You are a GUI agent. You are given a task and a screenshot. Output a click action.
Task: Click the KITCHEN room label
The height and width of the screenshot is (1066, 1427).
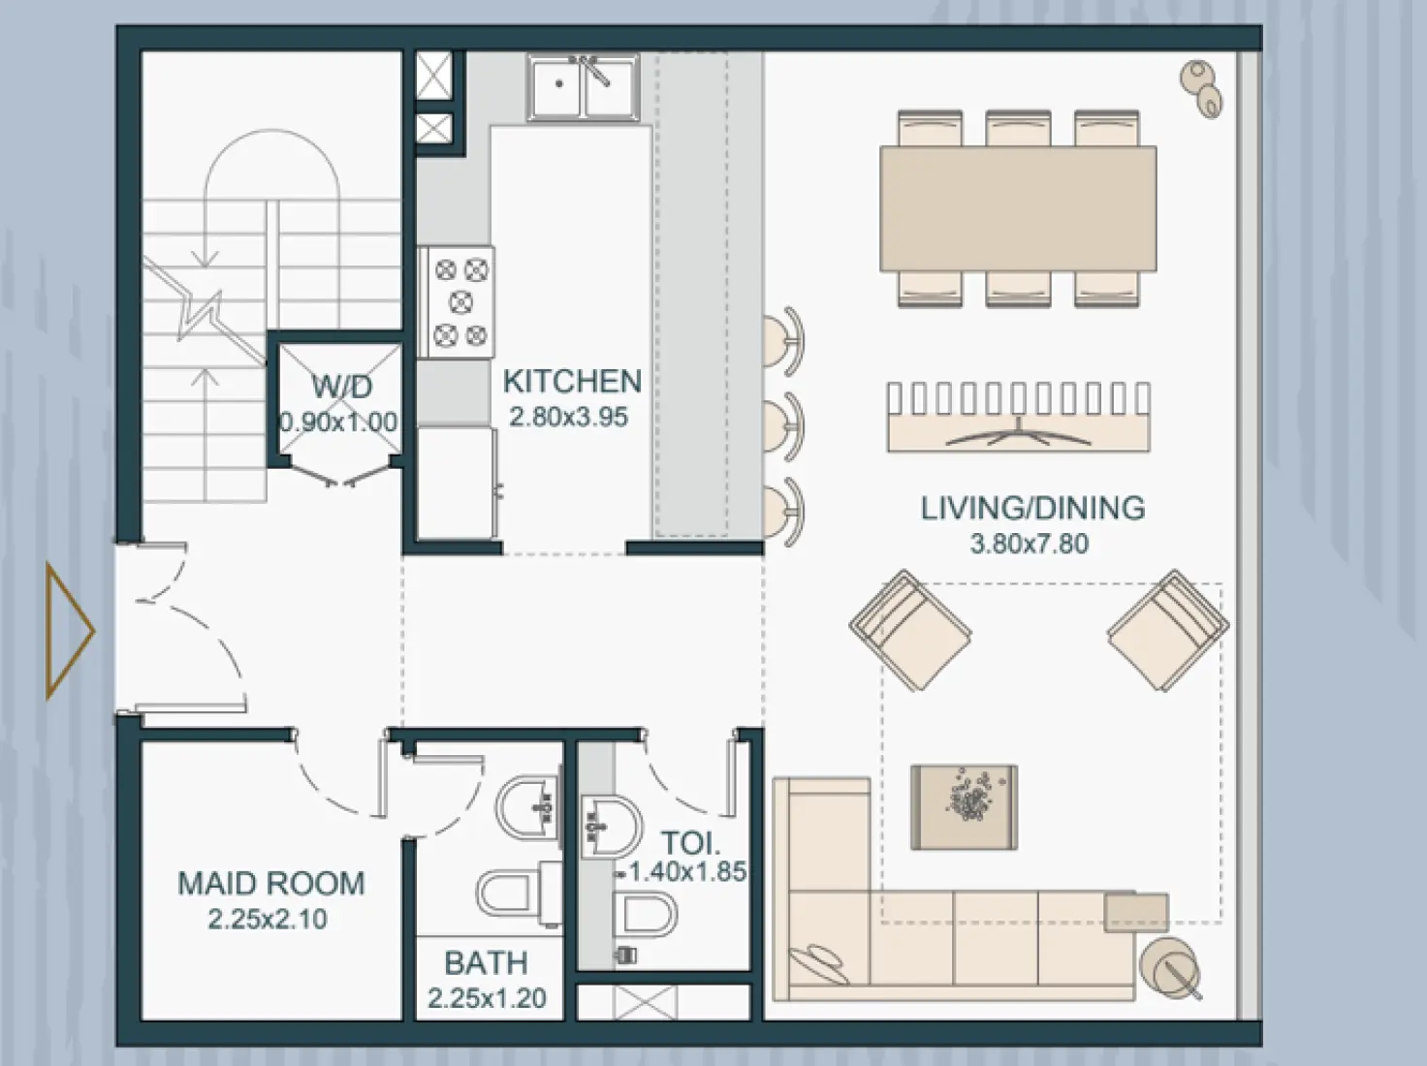[572, 381]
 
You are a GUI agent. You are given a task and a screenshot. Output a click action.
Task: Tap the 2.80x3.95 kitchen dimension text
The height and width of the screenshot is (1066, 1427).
[569, 418]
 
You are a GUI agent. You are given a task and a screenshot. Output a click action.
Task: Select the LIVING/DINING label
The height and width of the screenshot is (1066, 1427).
[1032, 508]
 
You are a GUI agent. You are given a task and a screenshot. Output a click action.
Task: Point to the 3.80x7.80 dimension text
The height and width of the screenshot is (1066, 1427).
[1030, 544]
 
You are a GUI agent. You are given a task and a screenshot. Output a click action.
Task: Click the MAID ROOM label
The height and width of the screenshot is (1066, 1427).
[270, 883]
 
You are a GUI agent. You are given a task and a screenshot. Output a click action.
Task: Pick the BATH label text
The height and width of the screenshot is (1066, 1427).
[486, 963]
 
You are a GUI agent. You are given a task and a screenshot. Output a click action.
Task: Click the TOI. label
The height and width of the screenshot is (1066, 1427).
[690, 842]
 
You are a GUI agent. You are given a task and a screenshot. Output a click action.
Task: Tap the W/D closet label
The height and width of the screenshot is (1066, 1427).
[341, 387]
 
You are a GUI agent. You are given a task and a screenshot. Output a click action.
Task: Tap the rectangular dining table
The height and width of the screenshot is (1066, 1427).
[1018, 208]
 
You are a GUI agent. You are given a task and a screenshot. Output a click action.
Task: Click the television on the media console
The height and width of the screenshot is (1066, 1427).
[1018, 433]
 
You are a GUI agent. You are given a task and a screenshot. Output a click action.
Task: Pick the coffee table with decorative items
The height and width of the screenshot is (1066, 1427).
[965, 806]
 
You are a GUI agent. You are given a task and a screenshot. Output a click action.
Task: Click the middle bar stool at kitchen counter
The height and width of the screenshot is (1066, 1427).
[783, 425]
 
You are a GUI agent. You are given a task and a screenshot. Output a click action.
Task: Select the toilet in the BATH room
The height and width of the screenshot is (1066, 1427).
[509, 892]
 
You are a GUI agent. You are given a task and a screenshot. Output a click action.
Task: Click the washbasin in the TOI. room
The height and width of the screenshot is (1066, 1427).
[609, 827]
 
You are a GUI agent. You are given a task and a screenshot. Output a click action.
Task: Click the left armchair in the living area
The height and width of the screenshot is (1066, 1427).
[909, 630]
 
